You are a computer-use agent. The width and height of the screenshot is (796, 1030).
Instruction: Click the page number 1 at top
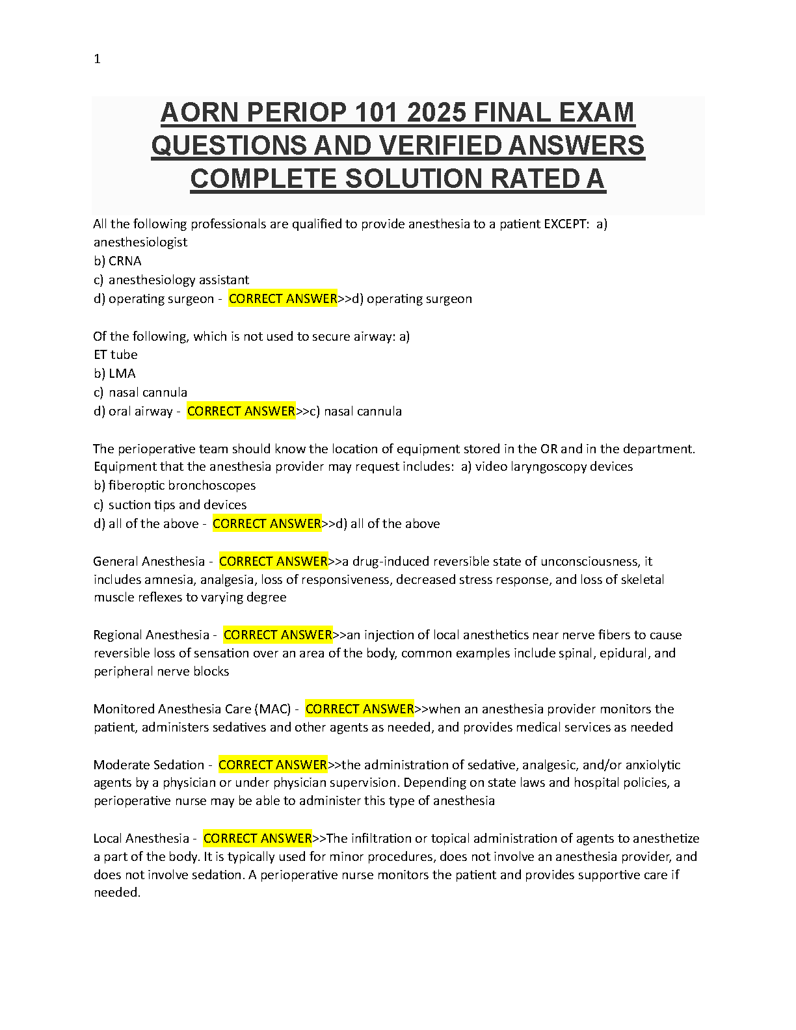pyautogui.click(x=98, y=59)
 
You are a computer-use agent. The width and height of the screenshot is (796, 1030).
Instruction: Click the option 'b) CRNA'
pyautogui.click(x=118, y=261)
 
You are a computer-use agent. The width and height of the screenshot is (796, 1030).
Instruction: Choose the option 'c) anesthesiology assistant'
pyautogui.click(x=172, y=280)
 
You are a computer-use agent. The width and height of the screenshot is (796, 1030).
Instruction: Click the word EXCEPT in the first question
pyautogui.click(x=566, y=224)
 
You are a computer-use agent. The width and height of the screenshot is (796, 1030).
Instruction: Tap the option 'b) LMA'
pyautogui.click(x=115, y=373)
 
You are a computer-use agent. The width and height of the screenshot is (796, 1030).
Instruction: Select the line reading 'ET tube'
pyautogui.click(x=116, y=354)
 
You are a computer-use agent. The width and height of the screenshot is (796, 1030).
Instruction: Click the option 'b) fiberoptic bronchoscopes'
pyautogui.click(x=175, y=485)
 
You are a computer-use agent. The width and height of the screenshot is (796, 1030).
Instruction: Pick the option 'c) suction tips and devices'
pyautogui.click(x=170, y=505)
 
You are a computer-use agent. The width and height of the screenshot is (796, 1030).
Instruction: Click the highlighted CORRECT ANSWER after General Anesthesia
pyautogui.click(x=273, y=561)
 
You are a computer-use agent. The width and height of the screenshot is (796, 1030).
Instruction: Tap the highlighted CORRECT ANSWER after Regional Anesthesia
pyautogui.click(x=278, y=635)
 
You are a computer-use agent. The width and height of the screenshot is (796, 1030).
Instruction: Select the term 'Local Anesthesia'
pyautogui.click(x=141, y=838)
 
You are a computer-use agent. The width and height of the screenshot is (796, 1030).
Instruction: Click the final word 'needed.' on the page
pyautogui.click(x=117, y=893)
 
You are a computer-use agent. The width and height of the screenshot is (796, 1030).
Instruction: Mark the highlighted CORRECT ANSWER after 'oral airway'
pyautogui.click(x=241, y=411)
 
